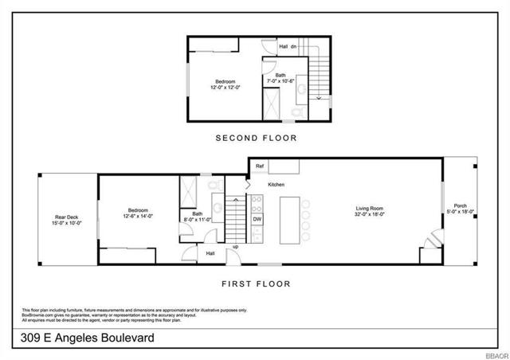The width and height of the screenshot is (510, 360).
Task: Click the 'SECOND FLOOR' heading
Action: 256,138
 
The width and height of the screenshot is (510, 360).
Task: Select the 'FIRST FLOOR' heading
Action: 256,283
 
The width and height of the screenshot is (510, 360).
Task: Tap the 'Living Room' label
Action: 369,209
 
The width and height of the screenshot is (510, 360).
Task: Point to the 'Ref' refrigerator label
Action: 260,166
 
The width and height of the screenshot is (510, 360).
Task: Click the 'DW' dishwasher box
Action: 257,218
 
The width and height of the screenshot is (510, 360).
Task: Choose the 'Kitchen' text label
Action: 277,184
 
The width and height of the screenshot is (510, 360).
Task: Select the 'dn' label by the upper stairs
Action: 293,46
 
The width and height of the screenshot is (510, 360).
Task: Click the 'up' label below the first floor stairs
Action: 235,247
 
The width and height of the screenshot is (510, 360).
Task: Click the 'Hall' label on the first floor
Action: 210,253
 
